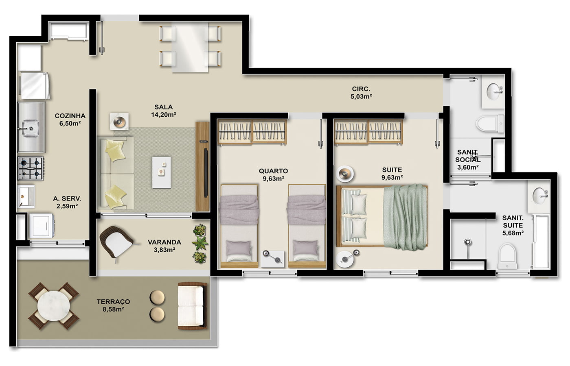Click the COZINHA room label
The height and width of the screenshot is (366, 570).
70,116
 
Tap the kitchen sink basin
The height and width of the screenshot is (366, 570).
30,129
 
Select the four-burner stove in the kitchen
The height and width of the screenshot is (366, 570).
31,168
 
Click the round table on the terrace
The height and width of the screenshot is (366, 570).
54,306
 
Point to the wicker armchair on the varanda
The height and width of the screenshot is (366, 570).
116,242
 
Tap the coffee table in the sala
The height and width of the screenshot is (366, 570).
161,172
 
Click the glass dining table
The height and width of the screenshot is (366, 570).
190,47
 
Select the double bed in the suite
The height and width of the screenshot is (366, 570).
382,216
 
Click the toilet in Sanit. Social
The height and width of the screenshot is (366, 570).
490,124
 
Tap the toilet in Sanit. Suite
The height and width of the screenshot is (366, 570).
507,256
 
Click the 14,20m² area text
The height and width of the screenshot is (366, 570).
164,115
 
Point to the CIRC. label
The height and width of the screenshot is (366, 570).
361,89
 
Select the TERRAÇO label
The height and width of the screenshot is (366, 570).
113,302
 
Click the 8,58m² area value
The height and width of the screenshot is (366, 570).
113,309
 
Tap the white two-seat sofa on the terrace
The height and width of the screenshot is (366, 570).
192,306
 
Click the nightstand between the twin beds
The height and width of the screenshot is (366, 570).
272,259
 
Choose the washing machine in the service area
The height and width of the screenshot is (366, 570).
42,225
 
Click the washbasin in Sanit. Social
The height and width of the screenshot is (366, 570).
493,91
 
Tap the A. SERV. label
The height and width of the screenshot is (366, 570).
67,198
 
